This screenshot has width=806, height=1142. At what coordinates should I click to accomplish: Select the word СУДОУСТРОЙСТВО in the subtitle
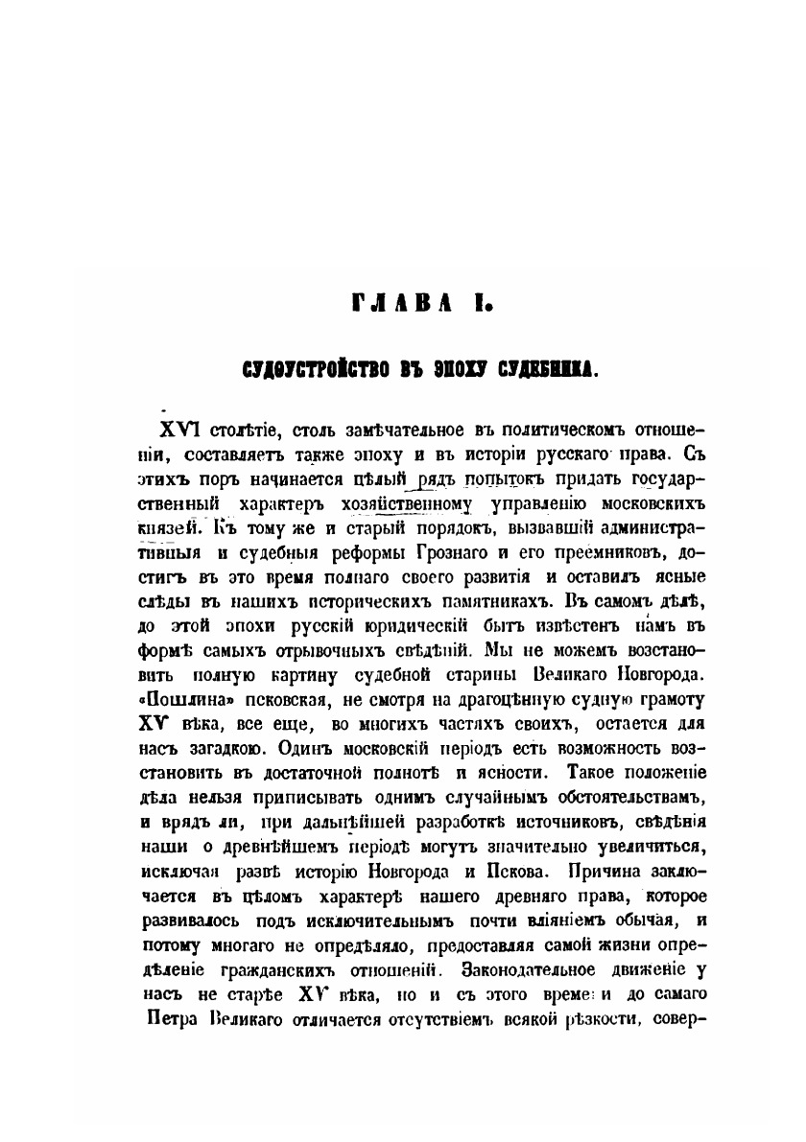coord(287,365)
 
